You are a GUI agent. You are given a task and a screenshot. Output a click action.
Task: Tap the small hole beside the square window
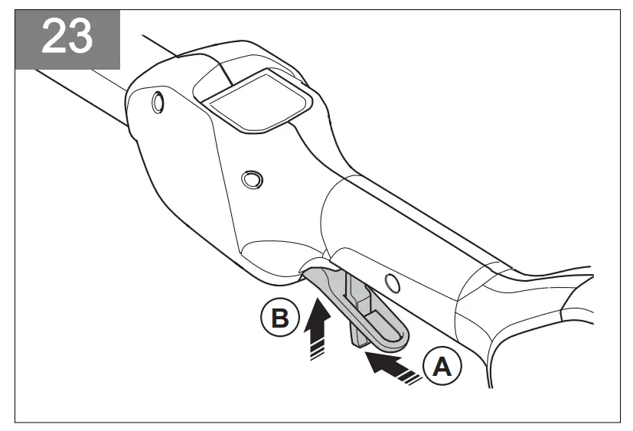(158, 101)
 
